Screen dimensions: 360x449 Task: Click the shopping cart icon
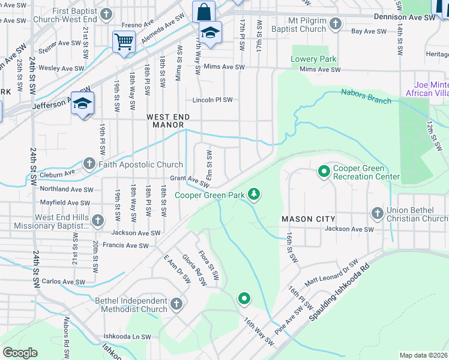click(124, 42)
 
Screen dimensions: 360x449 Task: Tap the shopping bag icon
click(203, 11)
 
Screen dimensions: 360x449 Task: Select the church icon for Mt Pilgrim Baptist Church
click(335, 25)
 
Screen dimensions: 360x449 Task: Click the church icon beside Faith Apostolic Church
click(89, 164)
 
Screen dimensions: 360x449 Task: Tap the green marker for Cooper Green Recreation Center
click(324, 172)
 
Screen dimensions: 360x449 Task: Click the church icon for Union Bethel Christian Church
click(377, 213)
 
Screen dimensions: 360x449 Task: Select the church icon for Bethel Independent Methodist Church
click(176, 304)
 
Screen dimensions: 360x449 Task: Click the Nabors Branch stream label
click(366, 96)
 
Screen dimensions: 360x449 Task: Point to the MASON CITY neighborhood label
click(308, 219)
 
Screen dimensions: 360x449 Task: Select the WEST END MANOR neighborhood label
click(169, 121)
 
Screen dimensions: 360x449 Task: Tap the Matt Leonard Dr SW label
click(332, 273)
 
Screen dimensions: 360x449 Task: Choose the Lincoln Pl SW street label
click(212, 100)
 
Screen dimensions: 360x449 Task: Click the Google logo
click(20, 353)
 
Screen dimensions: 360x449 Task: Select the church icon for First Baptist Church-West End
click(106, 14)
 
